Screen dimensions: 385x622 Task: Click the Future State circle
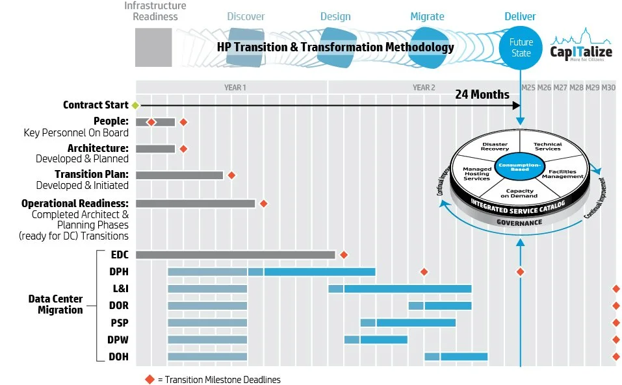tap(521, 47)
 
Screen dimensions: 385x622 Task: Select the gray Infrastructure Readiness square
tap(153, 47)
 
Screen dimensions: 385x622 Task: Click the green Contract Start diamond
tap(135, 105)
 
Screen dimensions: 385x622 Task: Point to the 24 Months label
tap(482, 94)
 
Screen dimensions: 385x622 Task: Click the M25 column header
tap(528, 87)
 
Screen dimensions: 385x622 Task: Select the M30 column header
tap(608, 87)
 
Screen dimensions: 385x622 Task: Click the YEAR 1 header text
tap(235, 87)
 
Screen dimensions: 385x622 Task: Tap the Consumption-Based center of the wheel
tap(519, 166)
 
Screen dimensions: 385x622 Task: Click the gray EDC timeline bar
tap(235, 255)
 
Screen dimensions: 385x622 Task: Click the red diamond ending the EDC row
tap(344, 255)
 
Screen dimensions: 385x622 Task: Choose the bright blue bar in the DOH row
tap(464, 356)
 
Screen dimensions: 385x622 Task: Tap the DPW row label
tap(118, 340)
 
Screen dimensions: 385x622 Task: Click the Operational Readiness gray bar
tap(195, 203)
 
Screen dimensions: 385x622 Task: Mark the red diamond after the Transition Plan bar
tap(231, 175)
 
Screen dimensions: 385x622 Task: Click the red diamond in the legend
tap(149, 379)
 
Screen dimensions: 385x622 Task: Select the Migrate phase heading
tap(427, 16)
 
